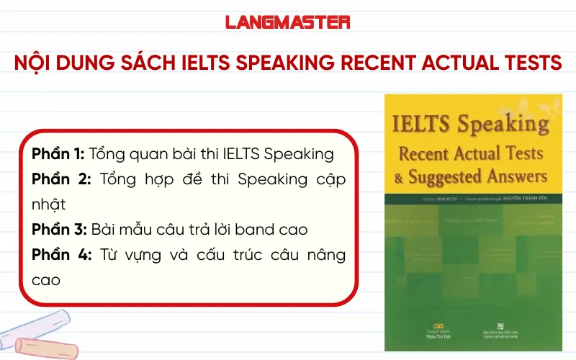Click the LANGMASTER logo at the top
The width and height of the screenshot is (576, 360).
click(288, 22)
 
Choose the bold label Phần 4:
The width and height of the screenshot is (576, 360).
click(60, 255)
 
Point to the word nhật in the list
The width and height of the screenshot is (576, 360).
click(48, 204)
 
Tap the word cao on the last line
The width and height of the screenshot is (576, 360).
click(47, 280)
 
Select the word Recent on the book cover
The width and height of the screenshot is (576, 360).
click(424, 153)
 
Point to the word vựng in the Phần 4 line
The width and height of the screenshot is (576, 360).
click(137, 255)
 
